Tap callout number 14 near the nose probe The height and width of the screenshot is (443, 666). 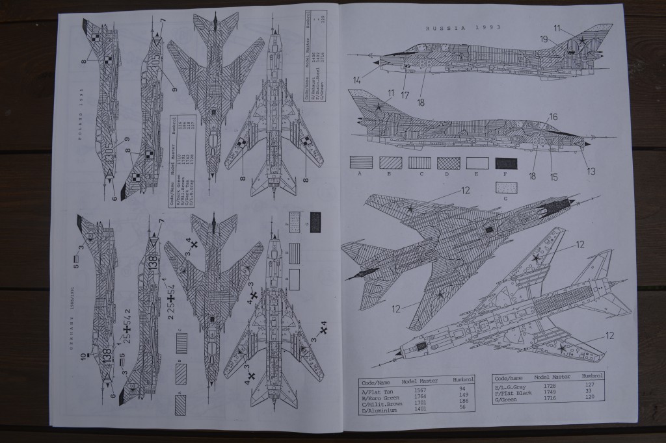pos(357,80)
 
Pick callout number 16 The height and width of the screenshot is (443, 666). pos(553,118)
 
